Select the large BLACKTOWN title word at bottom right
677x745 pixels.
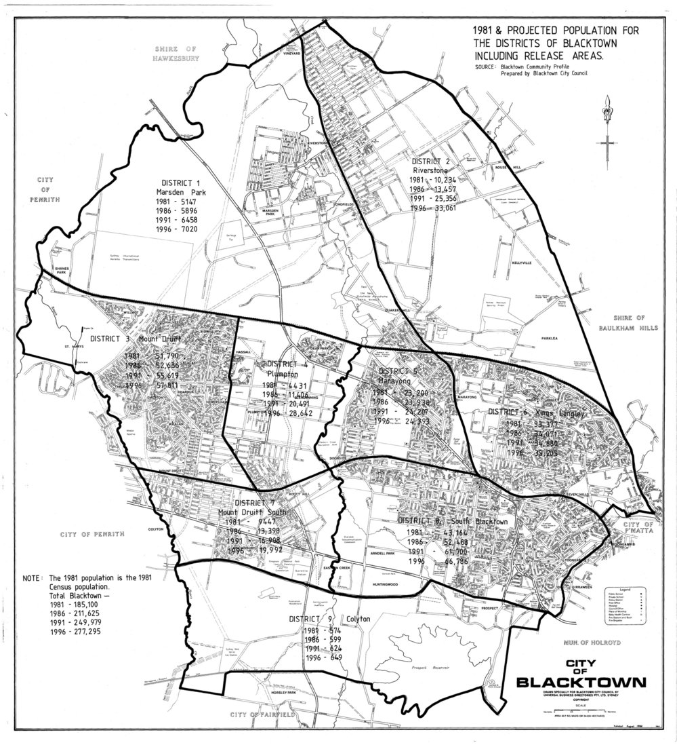click(x=580, y=681)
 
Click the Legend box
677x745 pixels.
click(x=623, y=605)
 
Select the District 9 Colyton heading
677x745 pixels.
click(x=321, y=619)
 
